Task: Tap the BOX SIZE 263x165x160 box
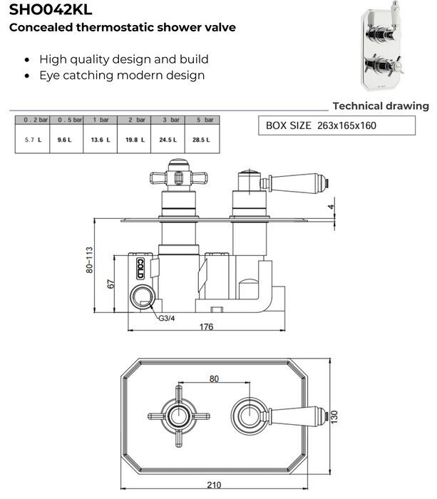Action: pyautogui.click(x=335, y=125)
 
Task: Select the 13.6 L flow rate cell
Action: pyautogui.click(x=100, y=140)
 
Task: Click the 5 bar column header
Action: pyautogui.click(x=201, y=120)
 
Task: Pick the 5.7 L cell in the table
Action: pyautogui.click(x=33, y=140)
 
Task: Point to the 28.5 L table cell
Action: pyautogui.click(x=201, y=140)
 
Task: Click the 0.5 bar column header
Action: pyautogui.click(x=66, y=120)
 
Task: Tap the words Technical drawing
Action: pyautogui.click(x=381, y=106)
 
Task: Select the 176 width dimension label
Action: pyautogui.click(x=207, y=326)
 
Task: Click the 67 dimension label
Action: pyautogui.click(x=110, y=283)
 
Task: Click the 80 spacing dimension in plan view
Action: pyautogui.click(x=214, y=379)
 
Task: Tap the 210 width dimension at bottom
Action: pyautogui.click(x=214, y=485)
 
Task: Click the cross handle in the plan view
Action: pyautogui.click(x=175, y=412)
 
